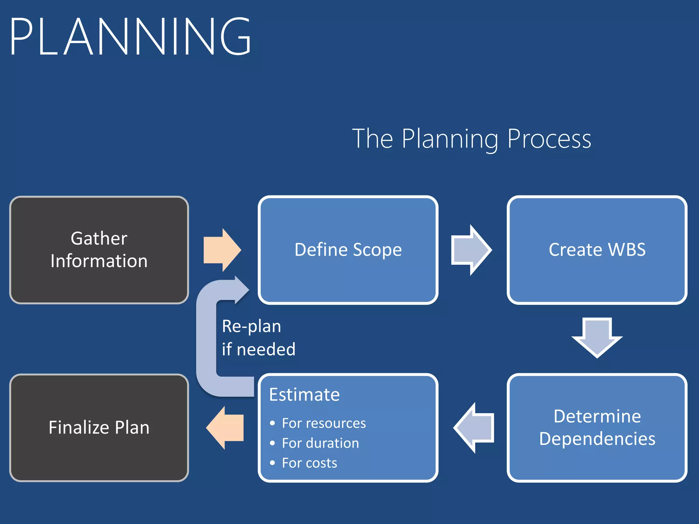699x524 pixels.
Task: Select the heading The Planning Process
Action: pos(471,139)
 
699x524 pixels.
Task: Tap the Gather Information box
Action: pos(99,250)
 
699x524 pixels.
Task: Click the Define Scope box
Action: pos(348,250)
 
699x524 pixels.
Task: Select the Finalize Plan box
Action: pos(99,427)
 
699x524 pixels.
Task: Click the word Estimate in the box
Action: pos(304,395)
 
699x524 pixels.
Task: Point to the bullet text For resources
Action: pos(324,423)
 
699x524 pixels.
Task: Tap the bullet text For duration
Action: pos(320,443)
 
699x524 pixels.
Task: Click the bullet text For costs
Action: pos(309,463)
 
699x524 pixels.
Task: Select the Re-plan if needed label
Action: pos(258,338)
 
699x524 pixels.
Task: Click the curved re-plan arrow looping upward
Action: pos(207,341)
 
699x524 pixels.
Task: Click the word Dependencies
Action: pos(597,439)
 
